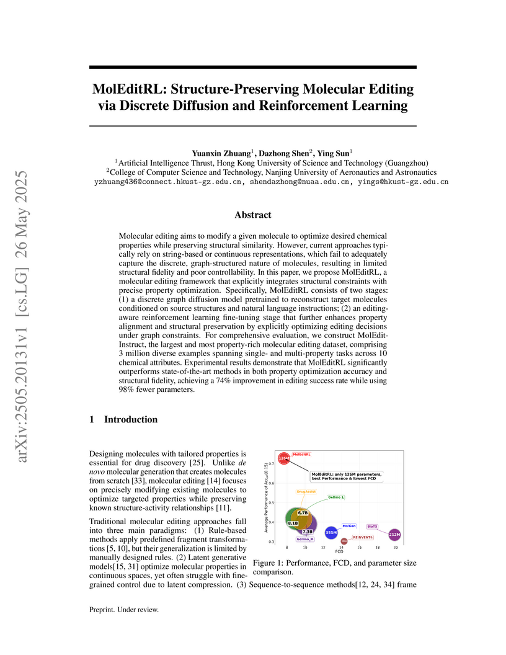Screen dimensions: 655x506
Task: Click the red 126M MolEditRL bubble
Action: (283, 458)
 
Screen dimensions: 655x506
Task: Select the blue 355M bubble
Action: (331, 532)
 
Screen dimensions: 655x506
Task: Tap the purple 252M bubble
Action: (394, 533)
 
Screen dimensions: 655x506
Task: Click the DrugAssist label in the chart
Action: (306, 491)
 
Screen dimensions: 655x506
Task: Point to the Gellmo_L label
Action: (336, 497)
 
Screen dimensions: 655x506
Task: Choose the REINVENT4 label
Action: (363, 537)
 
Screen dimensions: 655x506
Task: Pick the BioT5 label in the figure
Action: (372, 526)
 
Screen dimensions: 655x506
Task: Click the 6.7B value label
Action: (303, 513)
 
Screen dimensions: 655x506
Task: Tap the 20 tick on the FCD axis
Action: (396, 548)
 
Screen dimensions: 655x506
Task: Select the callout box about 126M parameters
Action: (347, 476)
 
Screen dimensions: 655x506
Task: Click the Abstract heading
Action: (252, 215)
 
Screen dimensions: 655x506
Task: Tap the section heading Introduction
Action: (131, 420)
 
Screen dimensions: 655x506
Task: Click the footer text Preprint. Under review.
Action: (125, 610)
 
